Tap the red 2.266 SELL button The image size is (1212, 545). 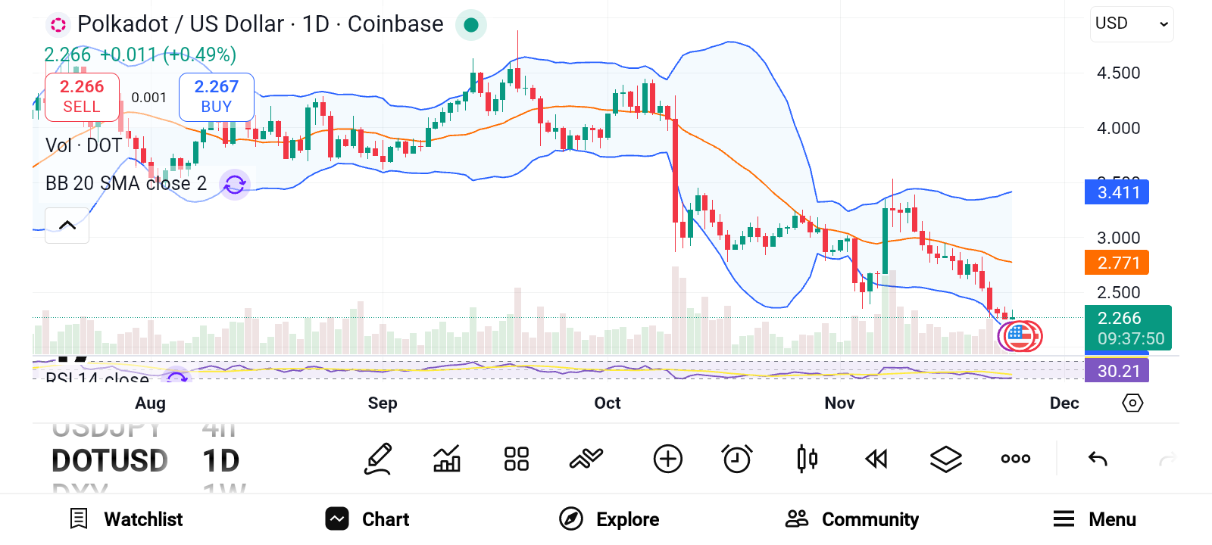pos(82,97)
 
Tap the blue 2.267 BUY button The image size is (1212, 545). pos(216,97)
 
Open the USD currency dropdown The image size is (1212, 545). pos(1132,23)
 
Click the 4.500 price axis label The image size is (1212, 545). pos(1118,73)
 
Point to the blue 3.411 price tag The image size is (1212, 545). pos(1117,192)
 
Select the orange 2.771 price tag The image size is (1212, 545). pos(1117,263)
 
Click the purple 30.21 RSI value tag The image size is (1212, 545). pos(1117,371)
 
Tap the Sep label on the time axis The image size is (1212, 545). pos(383,403)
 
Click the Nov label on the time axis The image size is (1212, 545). pos(839,403)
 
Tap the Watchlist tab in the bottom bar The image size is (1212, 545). pos(127,519)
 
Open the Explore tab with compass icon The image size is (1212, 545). pos(609,519)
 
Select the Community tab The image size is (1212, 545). pos(852,519)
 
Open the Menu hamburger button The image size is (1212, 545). pos(1095,519)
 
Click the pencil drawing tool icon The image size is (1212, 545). pos(378,459)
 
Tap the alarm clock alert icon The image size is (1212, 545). pos(737,459)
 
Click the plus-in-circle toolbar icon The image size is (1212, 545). pos(667,459)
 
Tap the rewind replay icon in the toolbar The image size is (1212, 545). pos(876,459)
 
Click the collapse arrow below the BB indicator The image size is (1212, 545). pos(67,225)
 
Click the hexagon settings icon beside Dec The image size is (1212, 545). pos(1132,403)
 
